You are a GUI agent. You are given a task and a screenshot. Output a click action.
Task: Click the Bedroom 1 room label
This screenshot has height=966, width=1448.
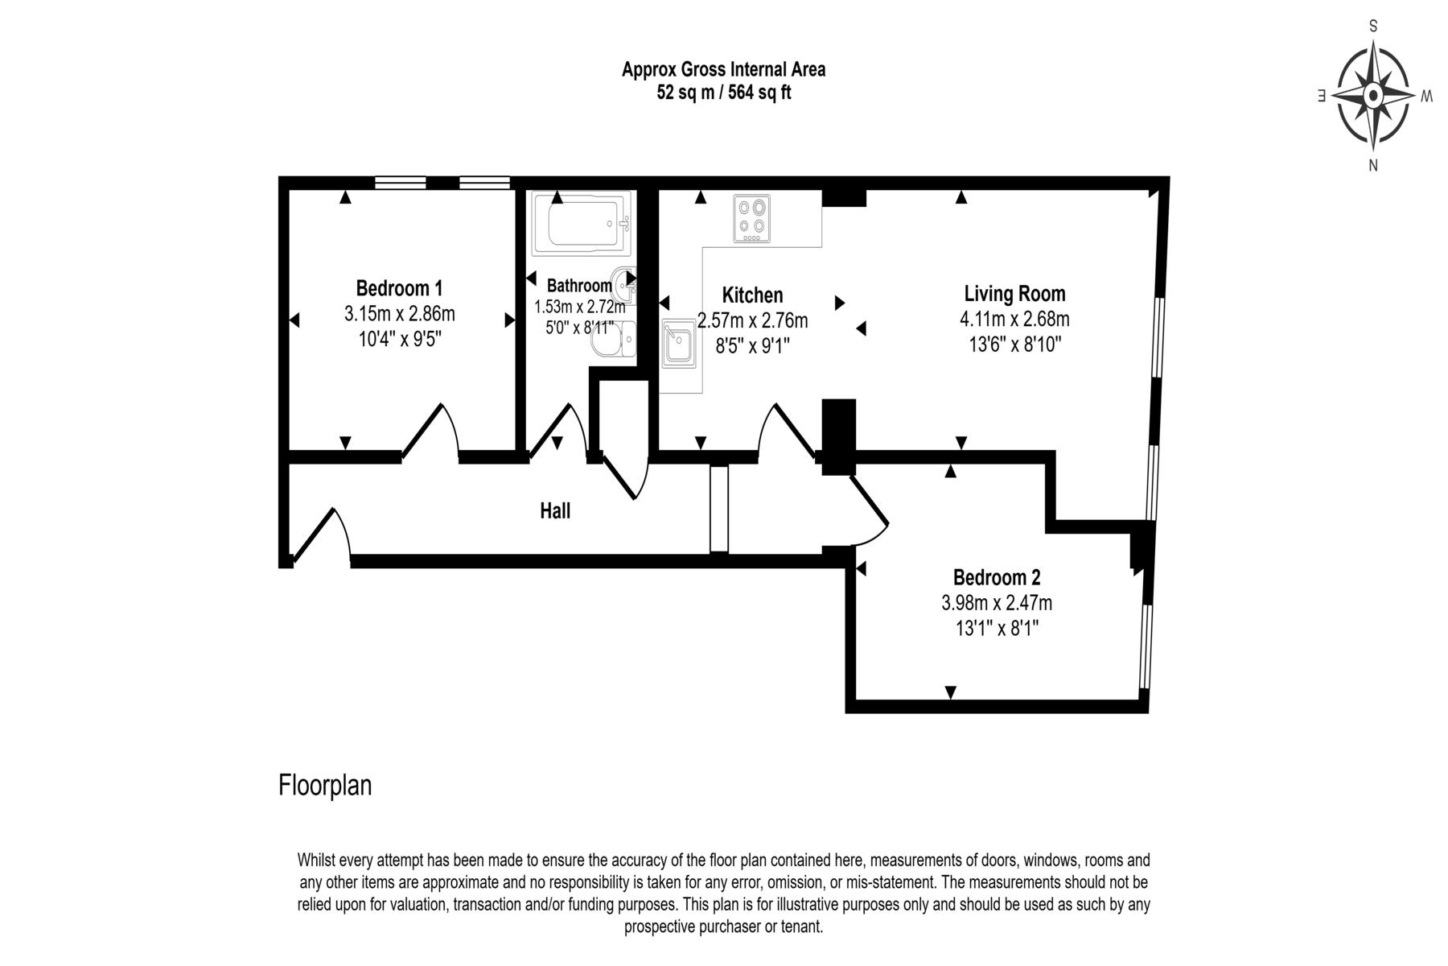point(399,287)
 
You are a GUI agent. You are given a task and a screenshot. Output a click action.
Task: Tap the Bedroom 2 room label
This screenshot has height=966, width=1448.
point(997,577)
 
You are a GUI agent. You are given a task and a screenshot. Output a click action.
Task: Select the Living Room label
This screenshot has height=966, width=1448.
point(1014,294)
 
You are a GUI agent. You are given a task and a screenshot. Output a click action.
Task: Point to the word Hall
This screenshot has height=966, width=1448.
point(555,510)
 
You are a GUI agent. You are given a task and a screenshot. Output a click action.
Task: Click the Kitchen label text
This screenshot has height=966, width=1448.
point(752,295)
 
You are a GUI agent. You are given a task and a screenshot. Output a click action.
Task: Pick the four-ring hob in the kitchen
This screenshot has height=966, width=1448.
point(751,218)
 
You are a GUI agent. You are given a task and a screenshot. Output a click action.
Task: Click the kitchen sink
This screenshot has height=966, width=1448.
point(678,343)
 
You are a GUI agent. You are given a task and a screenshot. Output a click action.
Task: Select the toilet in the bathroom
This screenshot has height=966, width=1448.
point(613,340)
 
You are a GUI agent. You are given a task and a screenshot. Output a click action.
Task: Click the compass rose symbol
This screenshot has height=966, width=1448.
point(1373,97)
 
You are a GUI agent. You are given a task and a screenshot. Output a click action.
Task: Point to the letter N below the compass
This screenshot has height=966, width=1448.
point(1373,166)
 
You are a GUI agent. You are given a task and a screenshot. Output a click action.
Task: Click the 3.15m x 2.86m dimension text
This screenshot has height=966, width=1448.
point(400,313)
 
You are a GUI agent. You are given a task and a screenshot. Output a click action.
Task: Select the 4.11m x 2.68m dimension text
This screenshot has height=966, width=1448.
point(1014,319)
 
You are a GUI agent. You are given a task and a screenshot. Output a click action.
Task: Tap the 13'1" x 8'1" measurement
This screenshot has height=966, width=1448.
point(997,628)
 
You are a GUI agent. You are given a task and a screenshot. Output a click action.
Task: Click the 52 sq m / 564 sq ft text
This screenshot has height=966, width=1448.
point(724,93)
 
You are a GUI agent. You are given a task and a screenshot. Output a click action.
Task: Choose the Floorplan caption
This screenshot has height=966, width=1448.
point(325,785)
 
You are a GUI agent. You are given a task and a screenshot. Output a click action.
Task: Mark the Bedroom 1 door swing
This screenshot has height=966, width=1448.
point(430,431)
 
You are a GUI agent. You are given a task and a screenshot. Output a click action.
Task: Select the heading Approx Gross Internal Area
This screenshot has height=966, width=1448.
point(724,70)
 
